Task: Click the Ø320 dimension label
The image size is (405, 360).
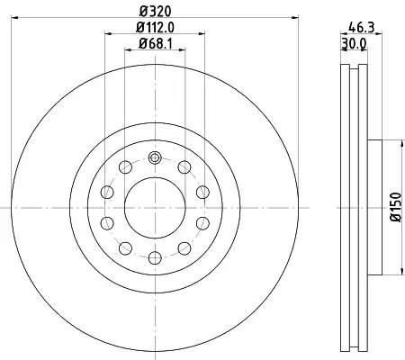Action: point(155,12)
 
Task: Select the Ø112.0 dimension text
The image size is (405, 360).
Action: point(155,28)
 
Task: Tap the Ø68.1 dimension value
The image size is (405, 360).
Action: point(155,44)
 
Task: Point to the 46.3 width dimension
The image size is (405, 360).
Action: point(362,28)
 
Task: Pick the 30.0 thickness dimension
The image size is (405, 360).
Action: point(354,44)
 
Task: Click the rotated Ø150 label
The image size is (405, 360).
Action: point(396,207)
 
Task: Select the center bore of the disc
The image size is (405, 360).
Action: point(155,208)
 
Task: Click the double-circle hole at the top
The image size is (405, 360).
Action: point(155,157)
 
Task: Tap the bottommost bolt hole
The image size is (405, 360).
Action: point(155,257)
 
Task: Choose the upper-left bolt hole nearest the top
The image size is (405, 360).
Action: point(125,167)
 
